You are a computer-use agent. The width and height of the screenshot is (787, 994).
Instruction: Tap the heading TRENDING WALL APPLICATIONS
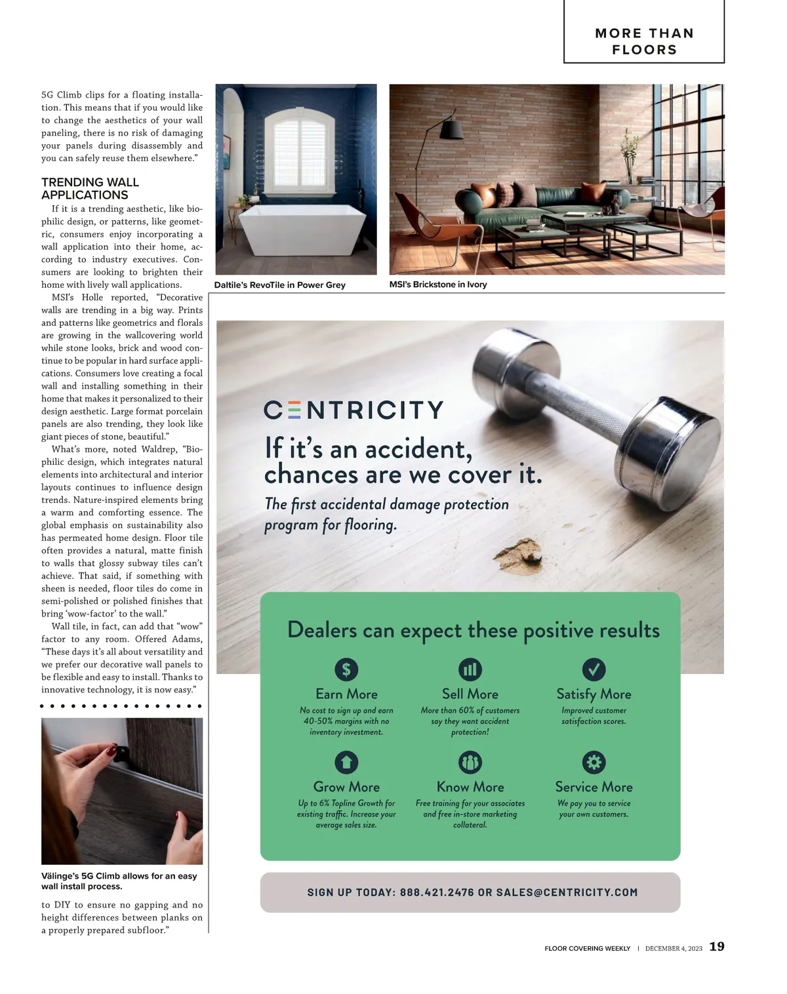pyautogui.click(x=91, y=188)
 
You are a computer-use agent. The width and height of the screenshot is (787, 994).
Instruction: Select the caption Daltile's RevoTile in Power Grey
pyautogui.click(x=280, y=285)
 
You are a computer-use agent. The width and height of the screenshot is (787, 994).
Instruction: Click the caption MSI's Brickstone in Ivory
pyautogui.click(x=438, y=285)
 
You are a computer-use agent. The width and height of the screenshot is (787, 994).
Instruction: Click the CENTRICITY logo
pyautogui.click(x=353, y=410)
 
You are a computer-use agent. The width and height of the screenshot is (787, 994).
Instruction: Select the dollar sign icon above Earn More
pyautogui.click(x=346, y=669)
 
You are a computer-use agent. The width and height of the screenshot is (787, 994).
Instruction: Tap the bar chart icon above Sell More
pyautogui.click(x=470, y=669)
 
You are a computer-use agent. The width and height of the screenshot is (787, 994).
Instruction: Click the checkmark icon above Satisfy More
pyautogui.click(x=594, y=669)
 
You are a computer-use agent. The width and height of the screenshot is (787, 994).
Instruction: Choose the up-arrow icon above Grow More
pyautogui.click(x=346, y=762)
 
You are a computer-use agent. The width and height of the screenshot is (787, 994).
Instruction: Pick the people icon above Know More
pyautogui.click(x=470, y=762)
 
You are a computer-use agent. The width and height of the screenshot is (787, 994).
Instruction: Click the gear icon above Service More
pyautogui.click(x=594, y=762)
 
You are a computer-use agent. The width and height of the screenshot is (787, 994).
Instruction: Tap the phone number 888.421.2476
pyautogui.click(x=437, y=892)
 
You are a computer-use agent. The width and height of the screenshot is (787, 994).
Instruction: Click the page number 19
pyautogui.click(x=717, y=947)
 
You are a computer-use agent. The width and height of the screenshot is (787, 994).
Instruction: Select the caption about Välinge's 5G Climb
pyautogui.click(x=119, y=881)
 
